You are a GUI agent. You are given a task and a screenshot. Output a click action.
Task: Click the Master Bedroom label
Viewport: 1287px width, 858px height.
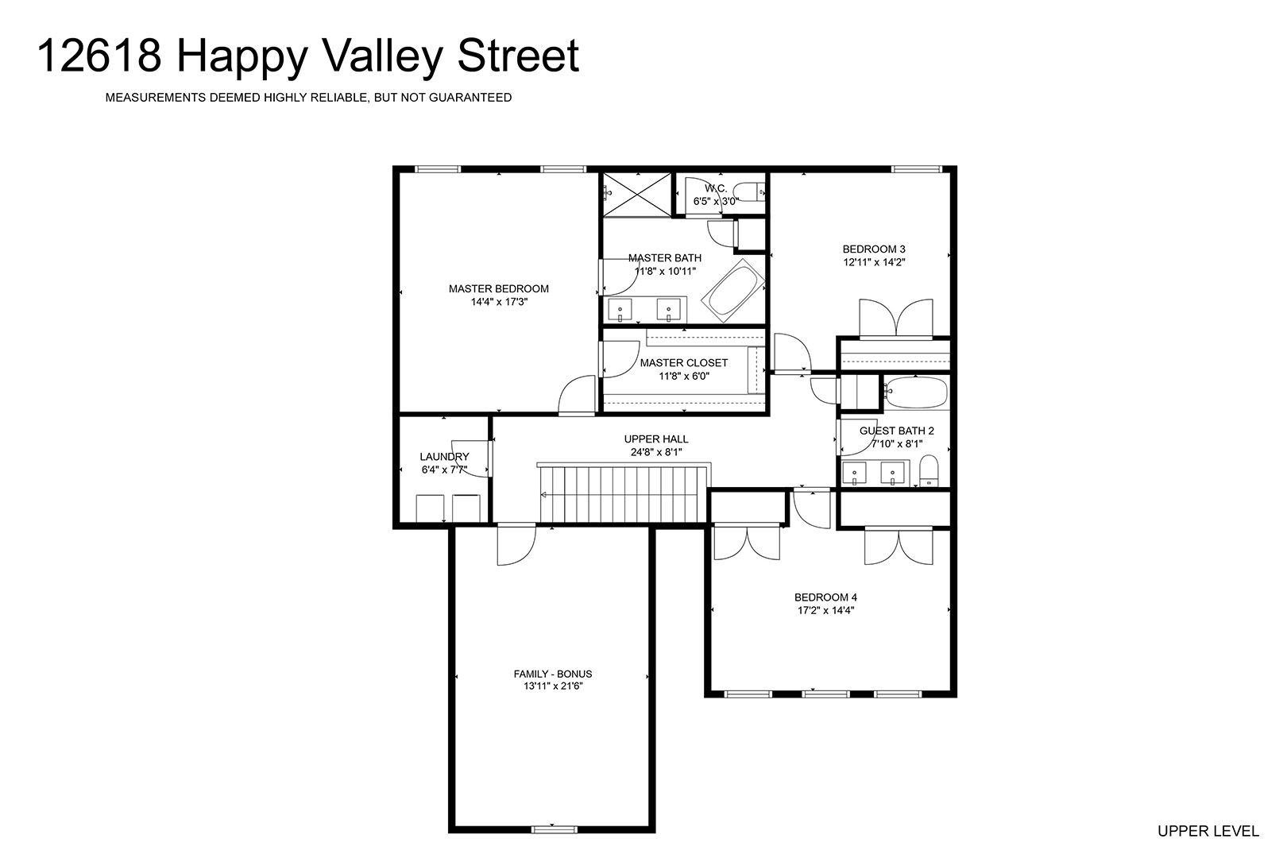click(499, 288)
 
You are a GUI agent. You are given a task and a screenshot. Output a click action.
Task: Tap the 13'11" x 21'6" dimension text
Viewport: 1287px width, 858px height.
click(553, 686)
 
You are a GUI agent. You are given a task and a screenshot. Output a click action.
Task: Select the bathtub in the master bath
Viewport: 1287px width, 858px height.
click(733, 290)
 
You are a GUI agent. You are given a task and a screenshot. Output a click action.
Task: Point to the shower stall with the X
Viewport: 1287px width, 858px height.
click(636, 195)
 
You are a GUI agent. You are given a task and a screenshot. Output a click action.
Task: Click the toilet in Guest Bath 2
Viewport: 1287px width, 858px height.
click(929, 470)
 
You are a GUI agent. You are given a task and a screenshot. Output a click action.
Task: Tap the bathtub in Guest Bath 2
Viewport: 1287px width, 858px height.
click(916, 392)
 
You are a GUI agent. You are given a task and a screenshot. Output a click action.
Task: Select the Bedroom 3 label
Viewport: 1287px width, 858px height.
click(874, 249)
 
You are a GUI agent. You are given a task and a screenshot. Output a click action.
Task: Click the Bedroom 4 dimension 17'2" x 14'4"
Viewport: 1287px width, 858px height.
click(825, 610)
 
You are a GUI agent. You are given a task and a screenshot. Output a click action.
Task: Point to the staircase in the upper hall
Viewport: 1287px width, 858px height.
click(624, 493)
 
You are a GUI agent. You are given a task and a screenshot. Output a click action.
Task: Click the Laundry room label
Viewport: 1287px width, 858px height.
click(444, 456)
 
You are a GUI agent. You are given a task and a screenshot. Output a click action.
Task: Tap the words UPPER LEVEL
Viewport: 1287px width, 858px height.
click(1208, 831)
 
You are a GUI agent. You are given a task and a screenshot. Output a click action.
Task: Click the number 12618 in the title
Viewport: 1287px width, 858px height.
click(99, 56)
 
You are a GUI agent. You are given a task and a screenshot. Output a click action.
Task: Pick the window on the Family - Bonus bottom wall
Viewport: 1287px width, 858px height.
click(554, 829)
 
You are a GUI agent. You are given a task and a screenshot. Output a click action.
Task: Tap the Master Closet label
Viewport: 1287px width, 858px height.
click(684, 362)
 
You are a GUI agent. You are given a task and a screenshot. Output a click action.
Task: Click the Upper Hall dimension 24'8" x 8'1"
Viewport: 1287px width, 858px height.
click(656, 452)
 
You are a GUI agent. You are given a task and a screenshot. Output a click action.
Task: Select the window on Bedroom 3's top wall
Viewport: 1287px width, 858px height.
click(917, 169)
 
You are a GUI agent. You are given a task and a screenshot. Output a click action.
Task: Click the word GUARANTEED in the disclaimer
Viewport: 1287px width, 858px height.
click(470, 98)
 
